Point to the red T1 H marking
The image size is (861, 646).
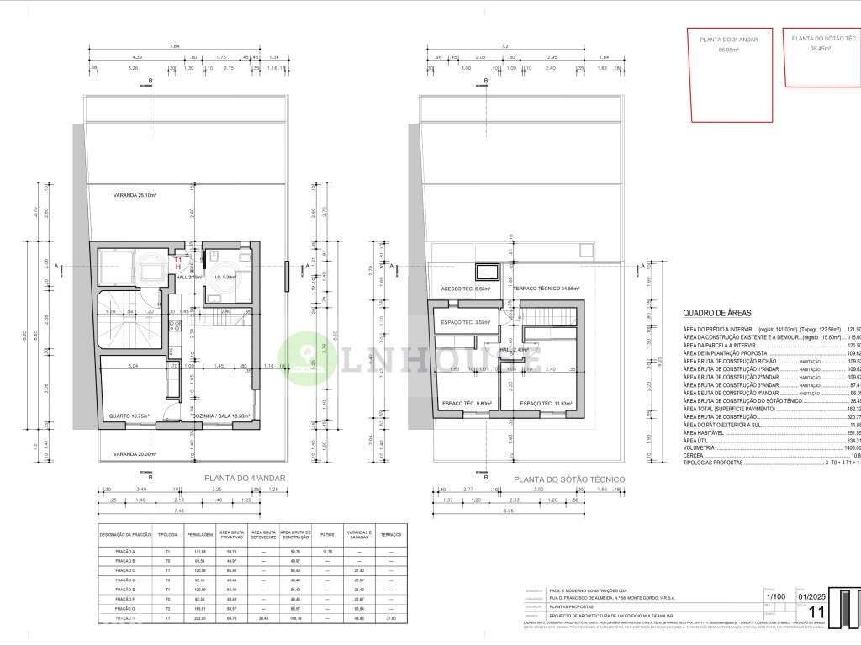[x=177, y=263]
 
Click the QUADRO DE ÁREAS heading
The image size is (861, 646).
[x=716, y=312]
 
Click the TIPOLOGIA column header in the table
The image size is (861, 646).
[x=167, y=535]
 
